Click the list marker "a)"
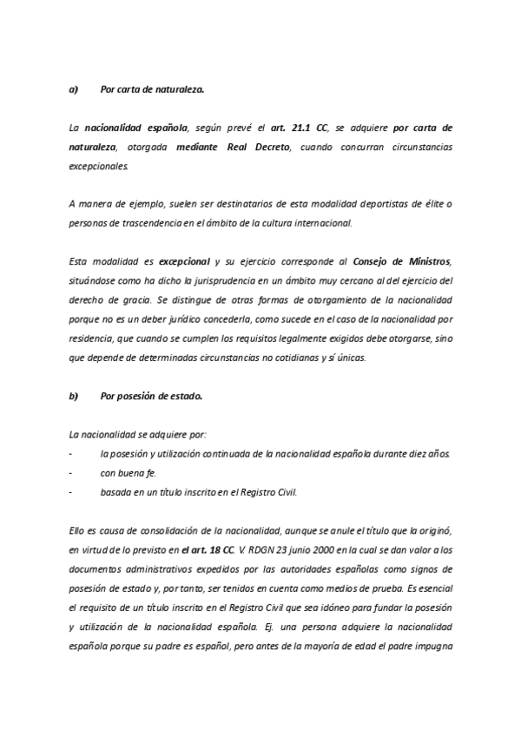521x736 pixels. click(73, 89)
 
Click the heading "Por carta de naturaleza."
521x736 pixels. click(152, 89)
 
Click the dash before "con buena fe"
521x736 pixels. click(69, 472)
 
